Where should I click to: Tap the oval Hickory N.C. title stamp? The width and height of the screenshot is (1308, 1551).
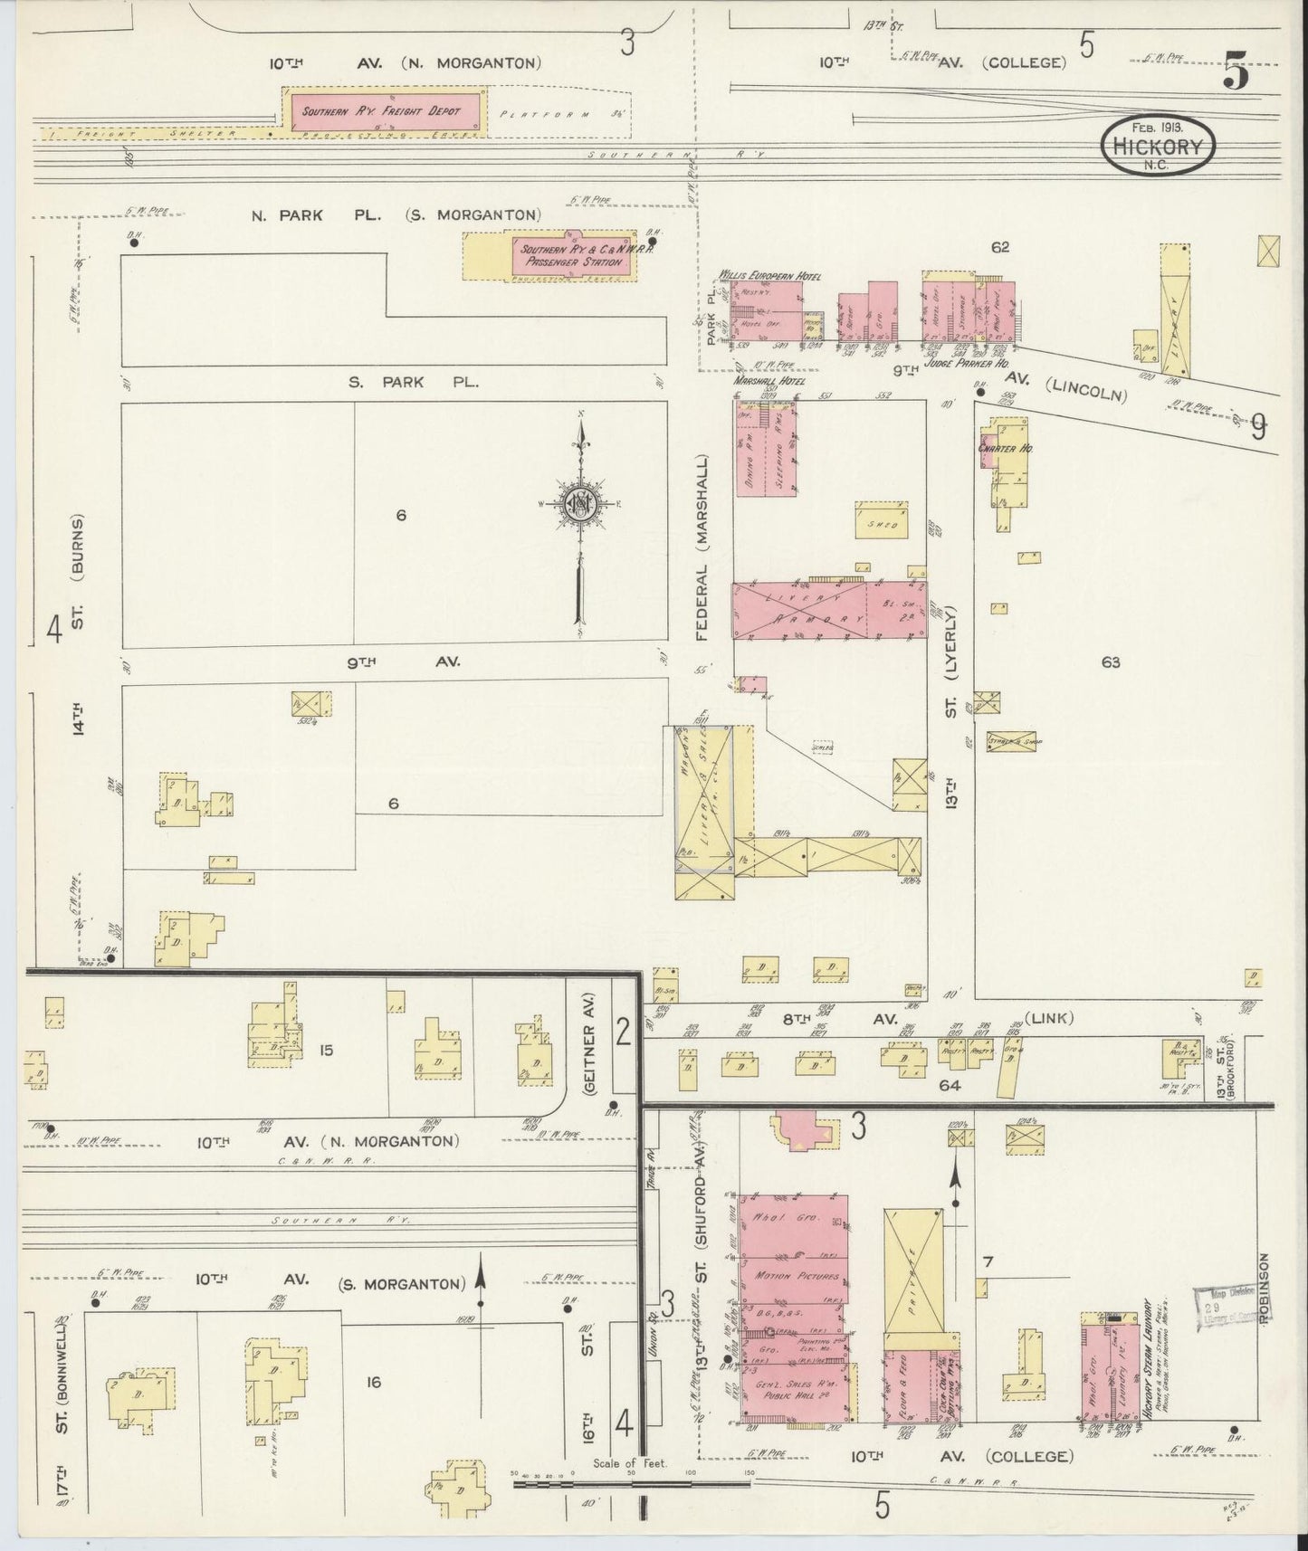click(1159, 144)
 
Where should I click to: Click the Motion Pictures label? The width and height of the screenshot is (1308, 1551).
click(796, 1276)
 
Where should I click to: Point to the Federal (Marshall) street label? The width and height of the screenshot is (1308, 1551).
click(703, 547)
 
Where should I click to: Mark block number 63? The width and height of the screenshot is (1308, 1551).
click(1111, 662)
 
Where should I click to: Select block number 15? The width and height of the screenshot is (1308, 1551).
click(326, 1050)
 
